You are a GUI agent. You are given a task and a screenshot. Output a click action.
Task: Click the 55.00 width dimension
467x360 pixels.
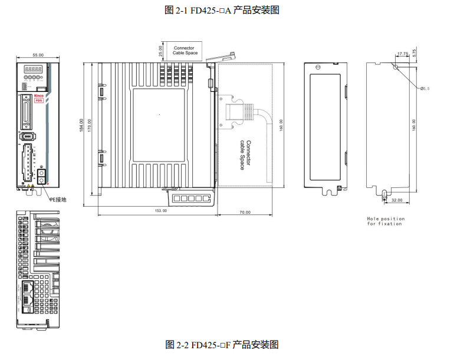(38, 55)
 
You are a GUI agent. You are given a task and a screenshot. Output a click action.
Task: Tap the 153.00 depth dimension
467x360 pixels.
(160, 210)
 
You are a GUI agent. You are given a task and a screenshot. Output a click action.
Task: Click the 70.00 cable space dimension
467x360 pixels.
(245, 212)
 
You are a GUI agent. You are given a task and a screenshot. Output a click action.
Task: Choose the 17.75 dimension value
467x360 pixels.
(402, 54)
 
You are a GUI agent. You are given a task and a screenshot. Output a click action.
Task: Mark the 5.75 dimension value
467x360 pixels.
(415, 52)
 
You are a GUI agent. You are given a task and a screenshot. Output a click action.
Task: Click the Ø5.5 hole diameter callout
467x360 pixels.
(425, 88)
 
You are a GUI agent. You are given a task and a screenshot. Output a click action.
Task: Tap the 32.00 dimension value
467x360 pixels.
(396, 200)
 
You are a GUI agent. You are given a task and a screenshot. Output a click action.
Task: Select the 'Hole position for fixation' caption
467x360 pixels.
(386, 221)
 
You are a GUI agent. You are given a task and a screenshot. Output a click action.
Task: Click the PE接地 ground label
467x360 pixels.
(58, 199)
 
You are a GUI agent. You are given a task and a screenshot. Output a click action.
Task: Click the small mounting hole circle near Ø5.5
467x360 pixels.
(396, 66)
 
